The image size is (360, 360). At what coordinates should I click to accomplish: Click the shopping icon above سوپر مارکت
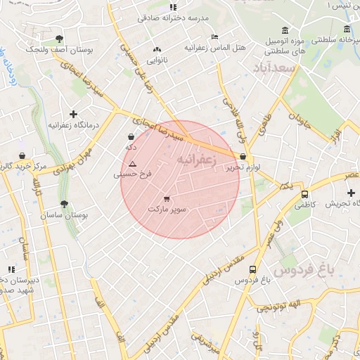tap(167, 198)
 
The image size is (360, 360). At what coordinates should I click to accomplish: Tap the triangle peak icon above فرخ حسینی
tap(132, 163)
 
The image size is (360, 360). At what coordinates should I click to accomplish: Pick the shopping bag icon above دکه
tap(131, 137)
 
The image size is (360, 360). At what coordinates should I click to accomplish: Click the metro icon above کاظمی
tap(304, 194)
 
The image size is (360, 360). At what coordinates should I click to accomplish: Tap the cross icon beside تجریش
tap(351, 193)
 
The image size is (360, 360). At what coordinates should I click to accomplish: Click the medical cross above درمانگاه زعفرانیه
tap(73, 113)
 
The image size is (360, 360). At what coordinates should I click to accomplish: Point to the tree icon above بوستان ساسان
tap(65, 204)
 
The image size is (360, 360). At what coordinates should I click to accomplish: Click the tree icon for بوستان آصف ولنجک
tap(58, 39)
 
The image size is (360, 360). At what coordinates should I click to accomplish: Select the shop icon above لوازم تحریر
tap(243, 157)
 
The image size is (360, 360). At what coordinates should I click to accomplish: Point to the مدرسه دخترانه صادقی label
tap(173, 18)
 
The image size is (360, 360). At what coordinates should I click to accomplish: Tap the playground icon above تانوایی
tap(157, 50)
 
